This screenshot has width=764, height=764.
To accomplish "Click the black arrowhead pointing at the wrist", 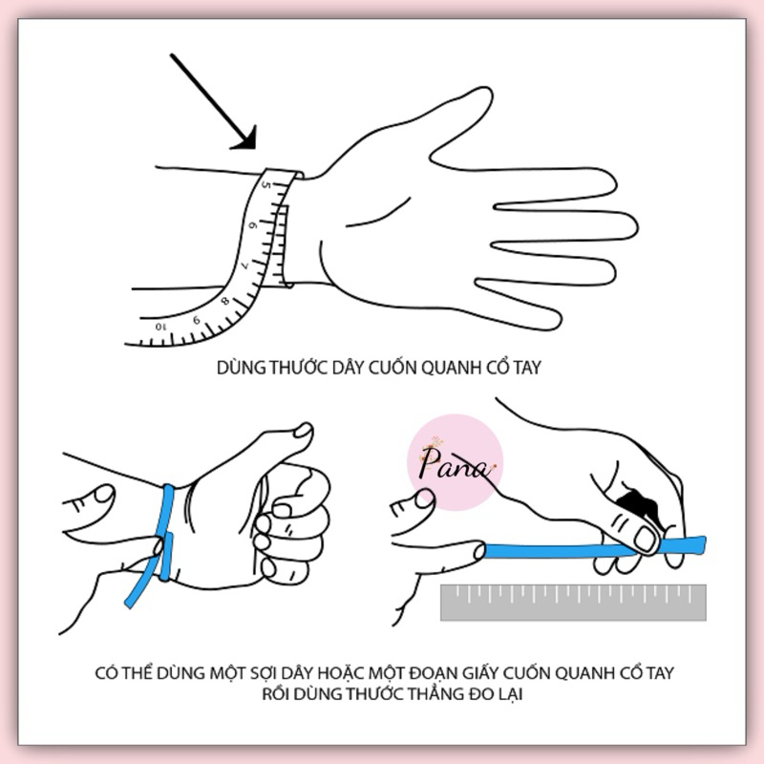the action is [x=246, y=139].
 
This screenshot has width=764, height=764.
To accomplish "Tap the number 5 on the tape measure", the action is [x=266, y=185].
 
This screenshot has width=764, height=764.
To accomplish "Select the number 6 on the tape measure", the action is [x=252, y=225].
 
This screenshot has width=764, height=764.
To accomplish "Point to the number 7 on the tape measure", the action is [x=245, y=265].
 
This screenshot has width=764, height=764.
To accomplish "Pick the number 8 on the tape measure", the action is [x=225, y=301].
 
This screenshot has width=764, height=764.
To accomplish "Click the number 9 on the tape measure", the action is [x=197, y=320].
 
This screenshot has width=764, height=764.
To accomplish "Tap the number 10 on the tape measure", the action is [x=160, y=326].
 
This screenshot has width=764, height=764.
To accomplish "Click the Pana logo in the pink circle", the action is [x=455, y=462].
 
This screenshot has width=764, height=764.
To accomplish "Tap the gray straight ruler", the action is [x=573, y=603].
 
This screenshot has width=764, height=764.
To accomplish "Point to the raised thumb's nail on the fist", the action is [x=303, y=430].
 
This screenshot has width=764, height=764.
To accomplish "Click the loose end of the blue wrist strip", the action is [x=130, y=603].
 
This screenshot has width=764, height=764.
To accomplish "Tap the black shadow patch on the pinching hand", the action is [x=638, y=504].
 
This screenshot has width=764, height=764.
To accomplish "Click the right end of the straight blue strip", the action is [x=702, y=544].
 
